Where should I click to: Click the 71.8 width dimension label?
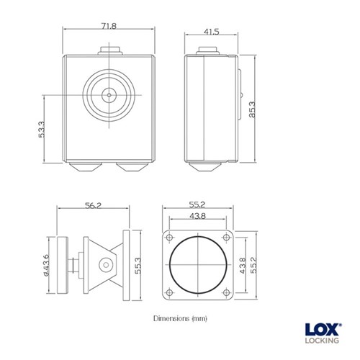108,26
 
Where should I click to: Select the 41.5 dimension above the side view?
211,32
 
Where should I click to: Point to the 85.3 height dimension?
252,110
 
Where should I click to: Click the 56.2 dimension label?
92,206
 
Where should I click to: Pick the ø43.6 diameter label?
45,264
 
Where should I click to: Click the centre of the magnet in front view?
109,95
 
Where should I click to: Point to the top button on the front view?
109,51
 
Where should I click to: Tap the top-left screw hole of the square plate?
170,238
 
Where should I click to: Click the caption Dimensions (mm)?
180,318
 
